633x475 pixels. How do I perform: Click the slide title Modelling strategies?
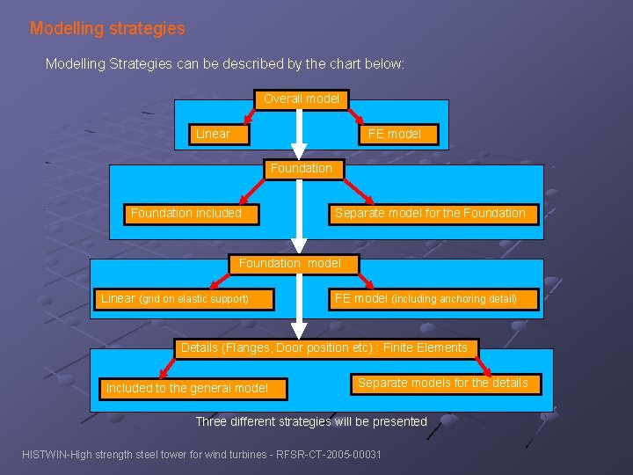coord(107,28)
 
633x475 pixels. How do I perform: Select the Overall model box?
coord(302,99)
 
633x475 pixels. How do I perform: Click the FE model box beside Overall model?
coord(394,134)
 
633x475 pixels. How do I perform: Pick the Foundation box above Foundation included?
coord(301,168)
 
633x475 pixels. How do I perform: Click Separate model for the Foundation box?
coord(430,213)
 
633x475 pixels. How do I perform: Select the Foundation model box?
coord(289,263)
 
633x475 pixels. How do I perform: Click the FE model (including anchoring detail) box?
coord(425,299)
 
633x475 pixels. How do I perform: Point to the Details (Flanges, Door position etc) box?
coord(324,348)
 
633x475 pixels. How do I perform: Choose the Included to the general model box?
coord(186,388)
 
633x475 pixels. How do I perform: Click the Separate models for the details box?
coord(442,383)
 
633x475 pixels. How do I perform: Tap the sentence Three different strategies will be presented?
coord(311,421)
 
